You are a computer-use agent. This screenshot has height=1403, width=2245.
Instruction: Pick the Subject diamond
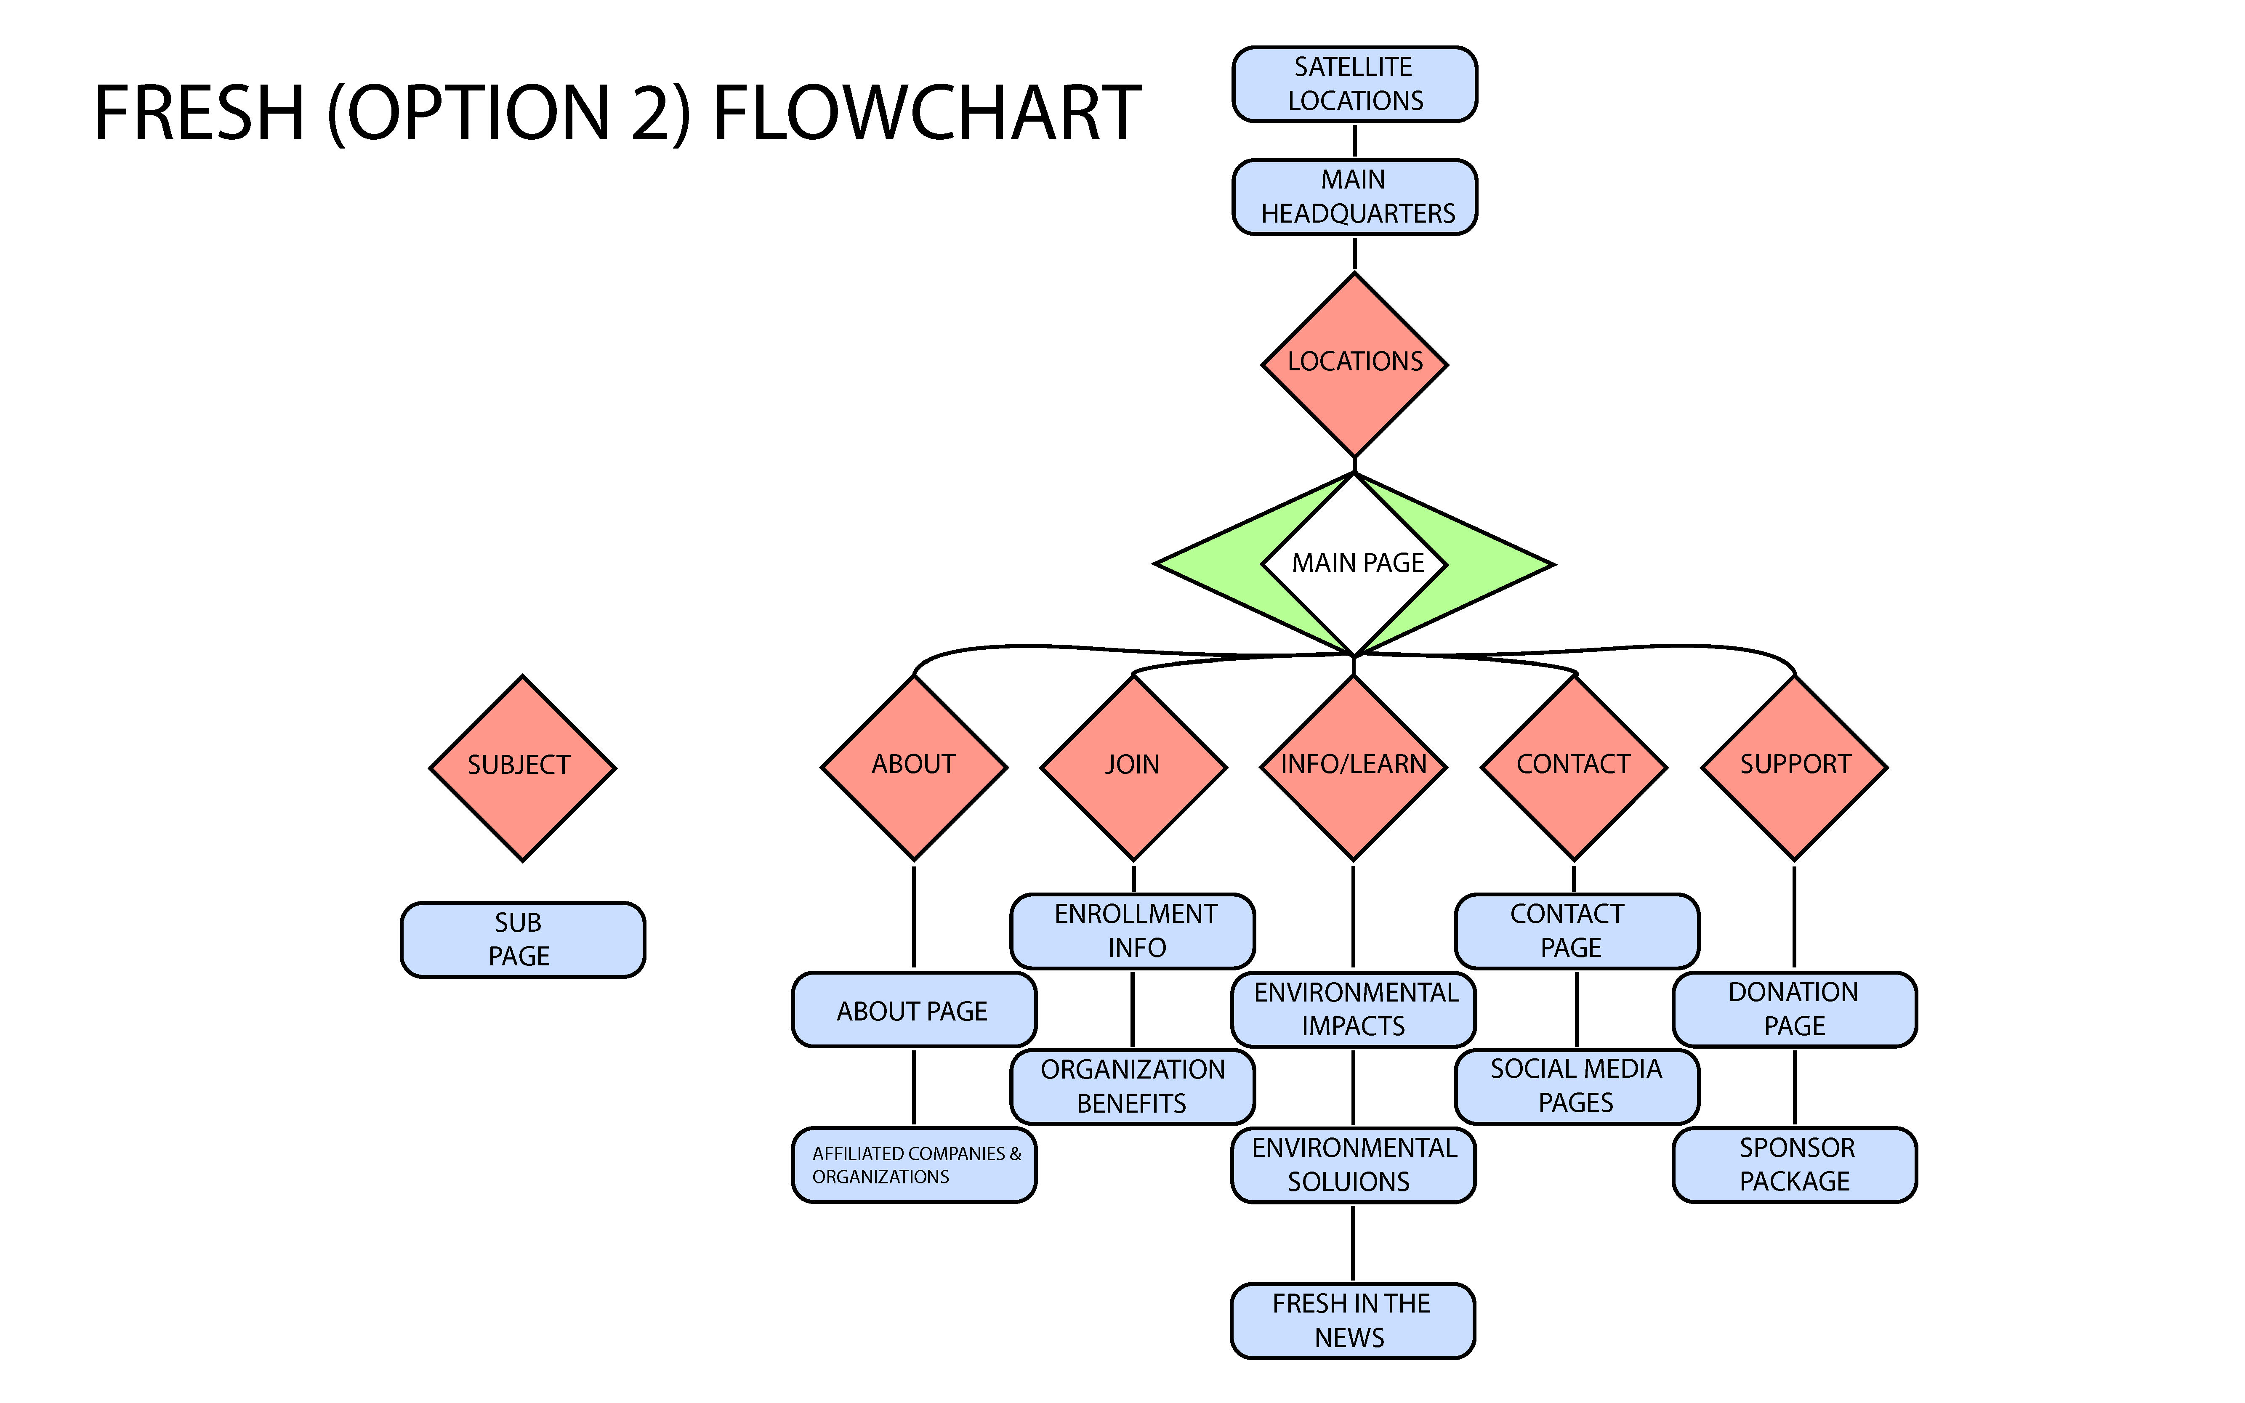coord(522,768)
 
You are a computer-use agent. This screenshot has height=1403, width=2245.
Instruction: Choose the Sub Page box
coord(522,939)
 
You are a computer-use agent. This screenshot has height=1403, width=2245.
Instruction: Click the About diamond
coord(914,768)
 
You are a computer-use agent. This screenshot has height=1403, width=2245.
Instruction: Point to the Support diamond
coord(1794,768)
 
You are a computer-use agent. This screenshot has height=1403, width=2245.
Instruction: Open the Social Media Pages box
coord(1577,1087)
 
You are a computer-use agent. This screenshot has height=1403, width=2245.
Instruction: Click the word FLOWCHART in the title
coord(927,113)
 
